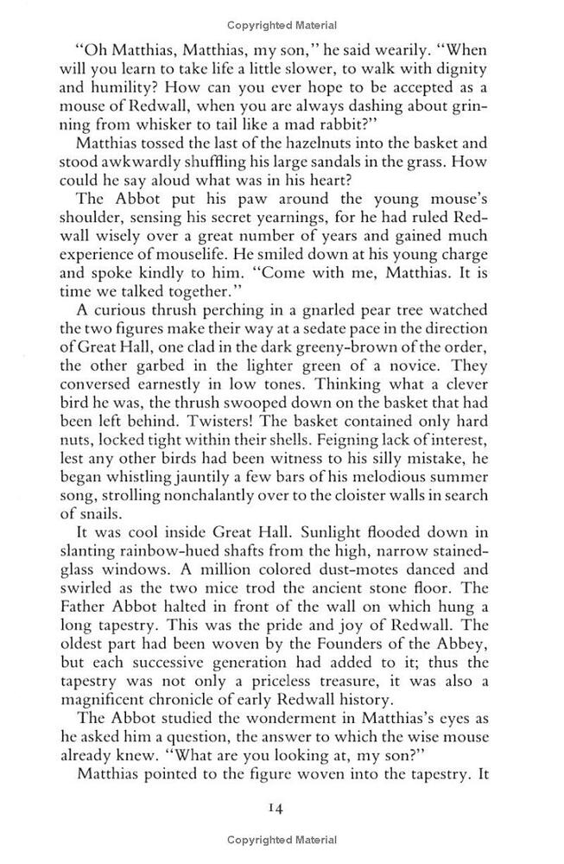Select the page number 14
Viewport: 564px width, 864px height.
(x=276, y=810)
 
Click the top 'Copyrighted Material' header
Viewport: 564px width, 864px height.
(x=282, y=25)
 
